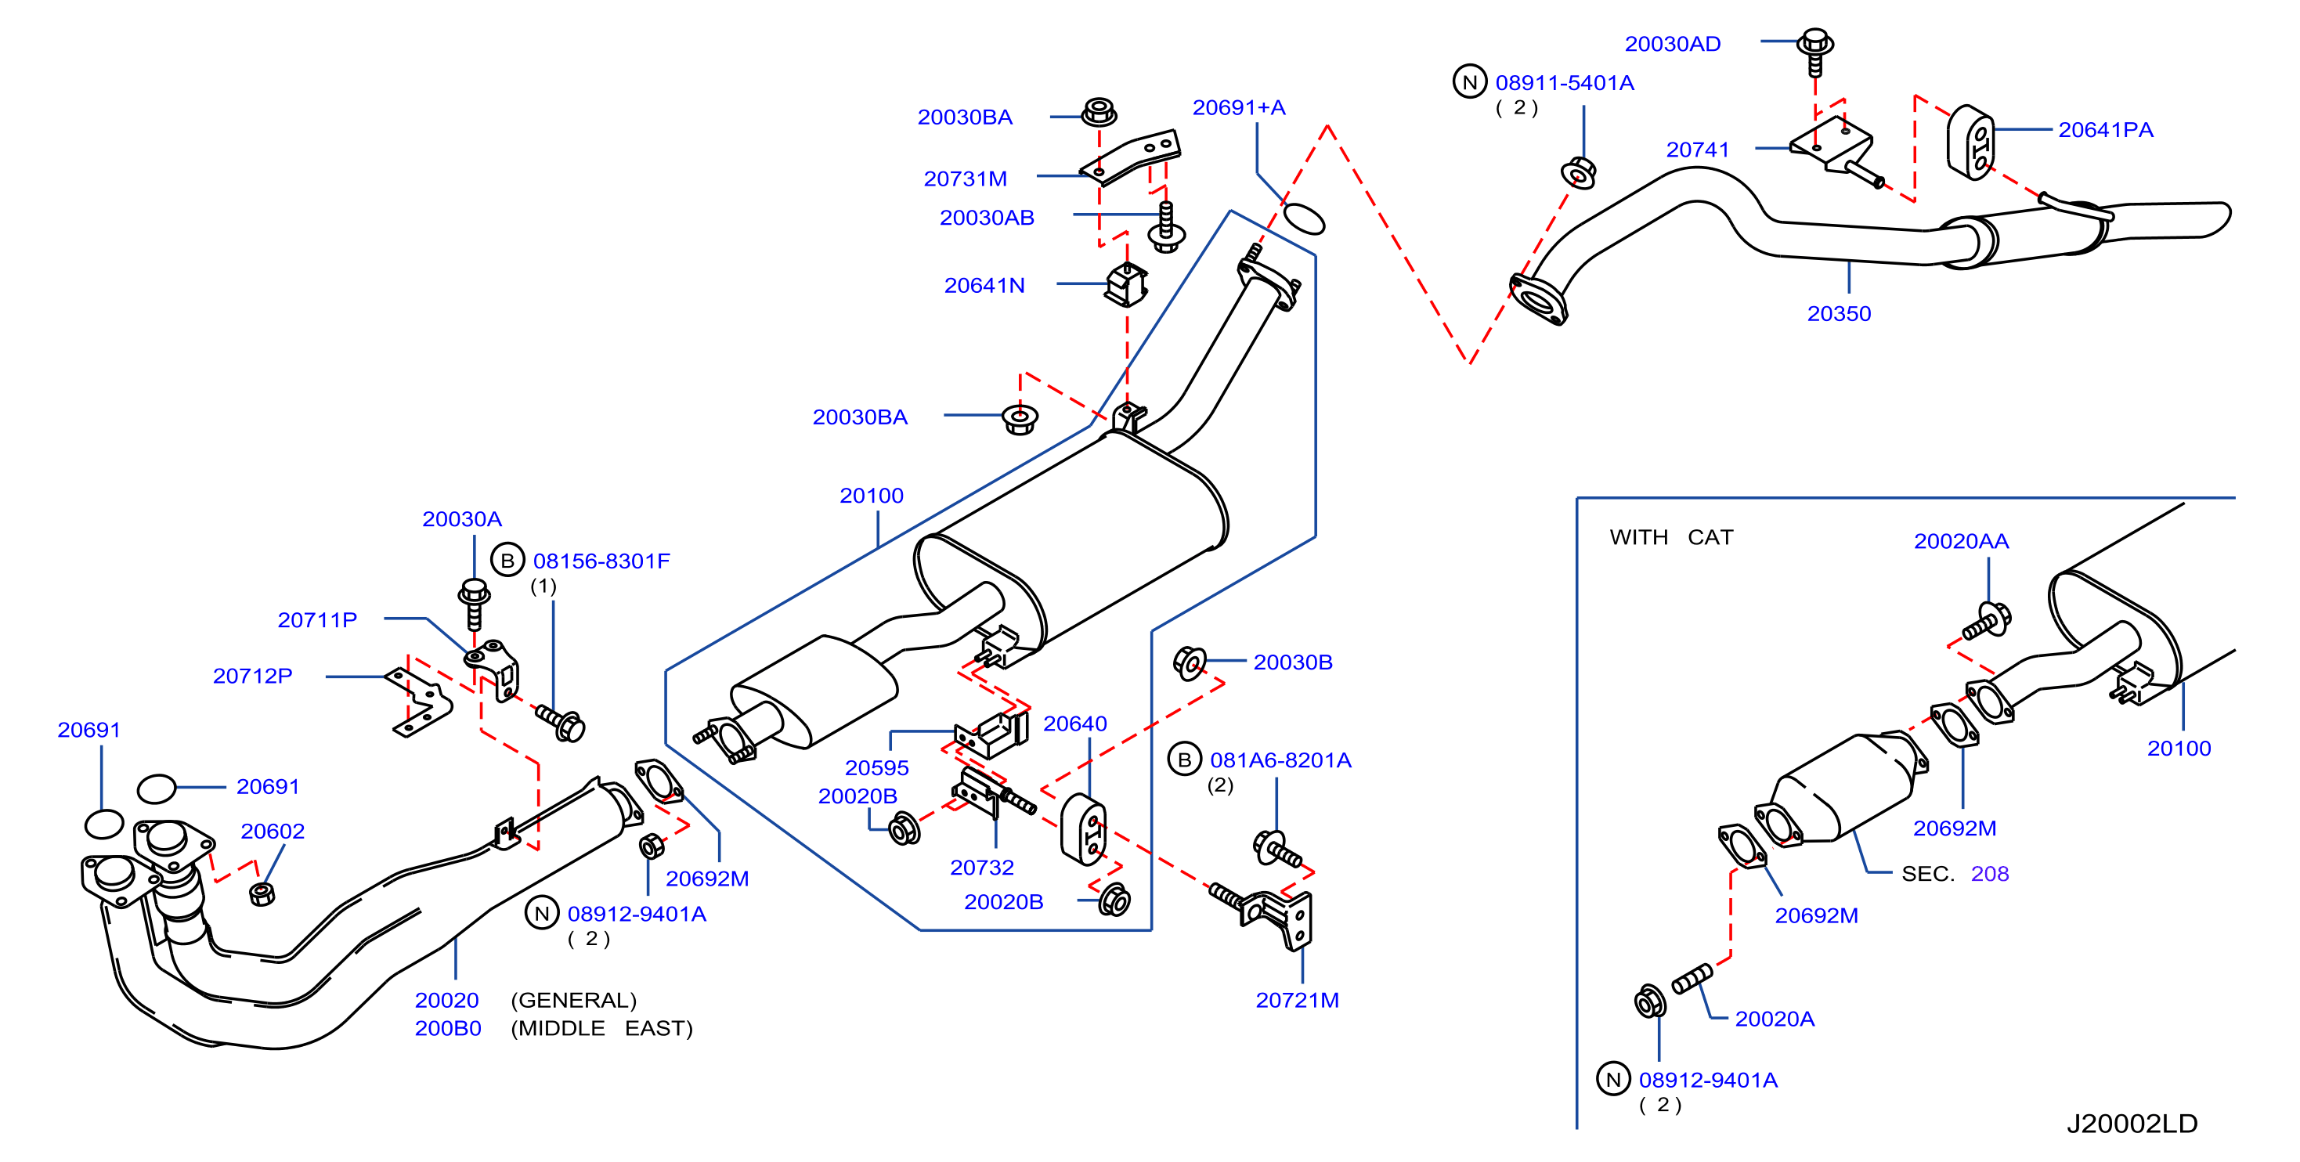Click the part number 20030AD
click(x=1672, y=44)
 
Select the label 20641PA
click(x=2105, y=130)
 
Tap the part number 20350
click(x=1839, y=314)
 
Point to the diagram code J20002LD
click(x=2132, y=1124)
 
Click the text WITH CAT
click(x=1670, y=537)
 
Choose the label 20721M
click(x=1298, y=1001)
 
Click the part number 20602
click(x=273, y=831)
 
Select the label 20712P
click(x=253, y=676)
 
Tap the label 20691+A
click(x=1238, y=108)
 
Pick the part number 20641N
click(x=984, y=286)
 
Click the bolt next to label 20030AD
click(x=1815, y=52)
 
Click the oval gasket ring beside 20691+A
click(x=1304, y=218)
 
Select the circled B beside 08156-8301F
click(x=507, y=561)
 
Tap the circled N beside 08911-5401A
click(x=1470, y=82)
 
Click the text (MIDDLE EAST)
click(x=601, y=1028)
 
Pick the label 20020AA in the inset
click(x=1961, y=541)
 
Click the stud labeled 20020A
click(x=1692, y=978)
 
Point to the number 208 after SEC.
click(x=1989, y=874)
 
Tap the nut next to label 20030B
click(x=1190, y=663)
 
